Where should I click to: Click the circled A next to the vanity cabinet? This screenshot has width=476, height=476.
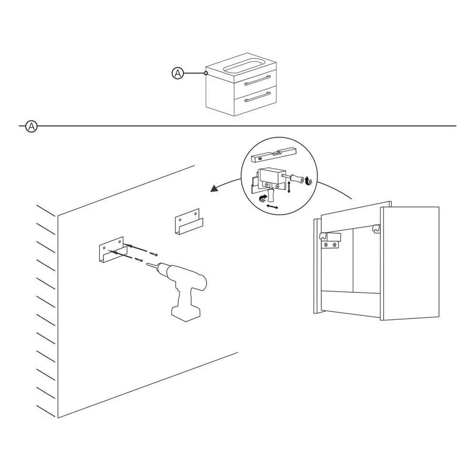pos(178,73)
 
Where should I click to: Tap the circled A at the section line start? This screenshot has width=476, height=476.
pos(31,126)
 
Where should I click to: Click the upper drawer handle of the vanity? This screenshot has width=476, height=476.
pos(258,80)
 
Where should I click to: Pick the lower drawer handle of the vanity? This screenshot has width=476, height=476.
pos(258,97)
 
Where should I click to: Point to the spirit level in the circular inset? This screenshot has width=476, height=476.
pos(274,155)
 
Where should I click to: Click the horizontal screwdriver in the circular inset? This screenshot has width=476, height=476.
pos(293,178)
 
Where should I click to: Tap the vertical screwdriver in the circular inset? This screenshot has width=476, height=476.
pos(271,195)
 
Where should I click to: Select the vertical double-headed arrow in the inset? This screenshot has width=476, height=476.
pos(289,187)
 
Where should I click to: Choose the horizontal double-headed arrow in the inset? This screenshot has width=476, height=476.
pos(272,207)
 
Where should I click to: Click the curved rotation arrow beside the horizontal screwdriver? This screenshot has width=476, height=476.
pos(310,181)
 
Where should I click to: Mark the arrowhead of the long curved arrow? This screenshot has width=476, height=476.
pos(214,188)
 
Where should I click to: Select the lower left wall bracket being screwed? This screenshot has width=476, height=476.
pos(113,249)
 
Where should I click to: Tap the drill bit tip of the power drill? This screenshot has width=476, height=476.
pos(147,264)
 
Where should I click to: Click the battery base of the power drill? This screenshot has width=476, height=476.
pos(186,313)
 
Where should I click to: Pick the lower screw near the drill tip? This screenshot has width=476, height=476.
pos(139,259)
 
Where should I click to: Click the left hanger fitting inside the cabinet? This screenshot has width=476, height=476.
pos(330,239)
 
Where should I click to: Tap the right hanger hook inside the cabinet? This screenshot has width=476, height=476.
pos(377,228)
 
